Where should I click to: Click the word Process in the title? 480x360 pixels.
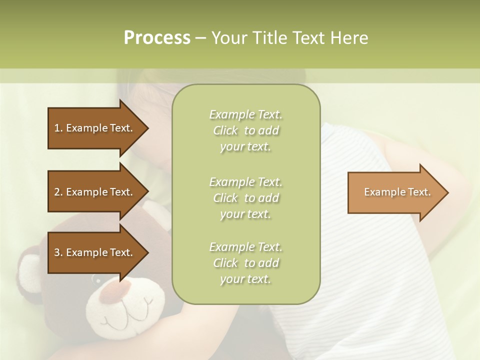click(x=157, y=38)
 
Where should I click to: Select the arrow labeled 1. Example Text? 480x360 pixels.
click(x=95, y=128)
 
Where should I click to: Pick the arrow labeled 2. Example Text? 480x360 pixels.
click(x=95, y=192)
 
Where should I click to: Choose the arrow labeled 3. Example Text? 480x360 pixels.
click(x=95, y=252)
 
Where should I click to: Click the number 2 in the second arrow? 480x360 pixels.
click(x=57, y=192)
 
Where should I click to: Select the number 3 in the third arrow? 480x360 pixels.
click(x=57, y=252)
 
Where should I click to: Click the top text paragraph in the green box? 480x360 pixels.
click(x=245, y=130)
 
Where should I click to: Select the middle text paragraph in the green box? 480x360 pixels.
click(x=245, y=197)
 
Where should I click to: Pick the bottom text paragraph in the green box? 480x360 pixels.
click(x=245, y=263)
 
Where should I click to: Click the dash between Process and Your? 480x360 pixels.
click(x=201, y=38)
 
